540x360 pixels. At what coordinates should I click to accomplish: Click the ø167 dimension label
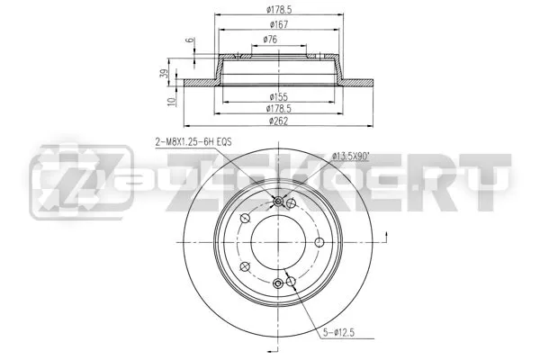[279, 25]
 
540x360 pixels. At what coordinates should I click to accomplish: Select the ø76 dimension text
[270, 40]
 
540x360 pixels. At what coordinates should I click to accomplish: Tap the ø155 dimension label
[279, 97]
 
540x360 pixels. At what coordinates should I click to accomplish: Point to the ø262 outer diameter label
[278, 121]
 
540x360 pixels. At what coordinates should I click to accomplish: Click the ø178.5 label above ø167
[279, 10]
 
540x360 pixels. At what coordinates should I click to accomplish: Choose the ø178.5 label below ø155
[279, 109]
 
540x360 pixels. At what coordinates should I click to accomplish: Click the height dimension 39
[165, 74]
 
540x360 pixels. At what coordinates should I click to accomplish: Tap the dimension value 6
[190, 40]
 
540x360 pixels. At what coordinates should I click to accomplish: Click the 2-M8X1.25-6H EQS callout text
[193, 141]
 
